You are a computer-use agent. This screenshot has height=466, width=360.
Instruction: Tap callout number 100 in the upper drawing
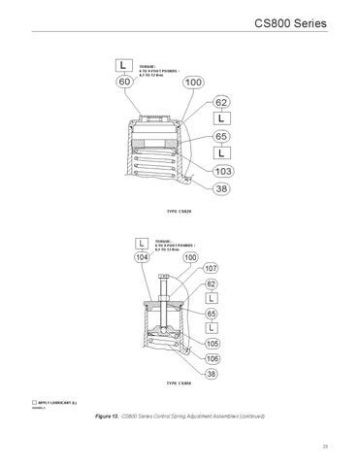click(x=192, y=83)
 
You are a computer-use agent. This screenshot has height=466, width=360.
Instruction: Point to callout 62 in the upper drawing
click(x=221, y=102)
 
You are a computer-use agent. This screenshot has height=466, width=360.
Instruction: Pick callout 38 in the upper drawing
click(x=221, y=189)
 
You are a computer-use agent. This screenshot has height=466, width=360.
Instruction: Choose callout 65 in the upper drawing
click(x=221, y=137)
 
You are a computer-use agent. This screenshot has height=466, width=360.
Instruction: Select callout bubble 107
click(x=213, y=267)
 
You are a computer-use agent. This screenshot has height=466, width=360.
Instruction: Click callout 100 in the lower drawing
click(x=190, y=257)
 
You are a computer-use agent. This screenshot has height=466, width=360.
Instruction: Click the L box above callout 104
click(x=144, y=241)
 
